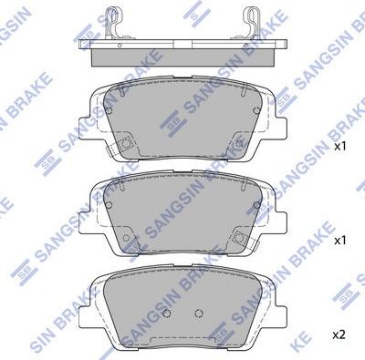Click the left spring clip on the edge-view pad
pyautogui.click(x=113, y=22)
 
